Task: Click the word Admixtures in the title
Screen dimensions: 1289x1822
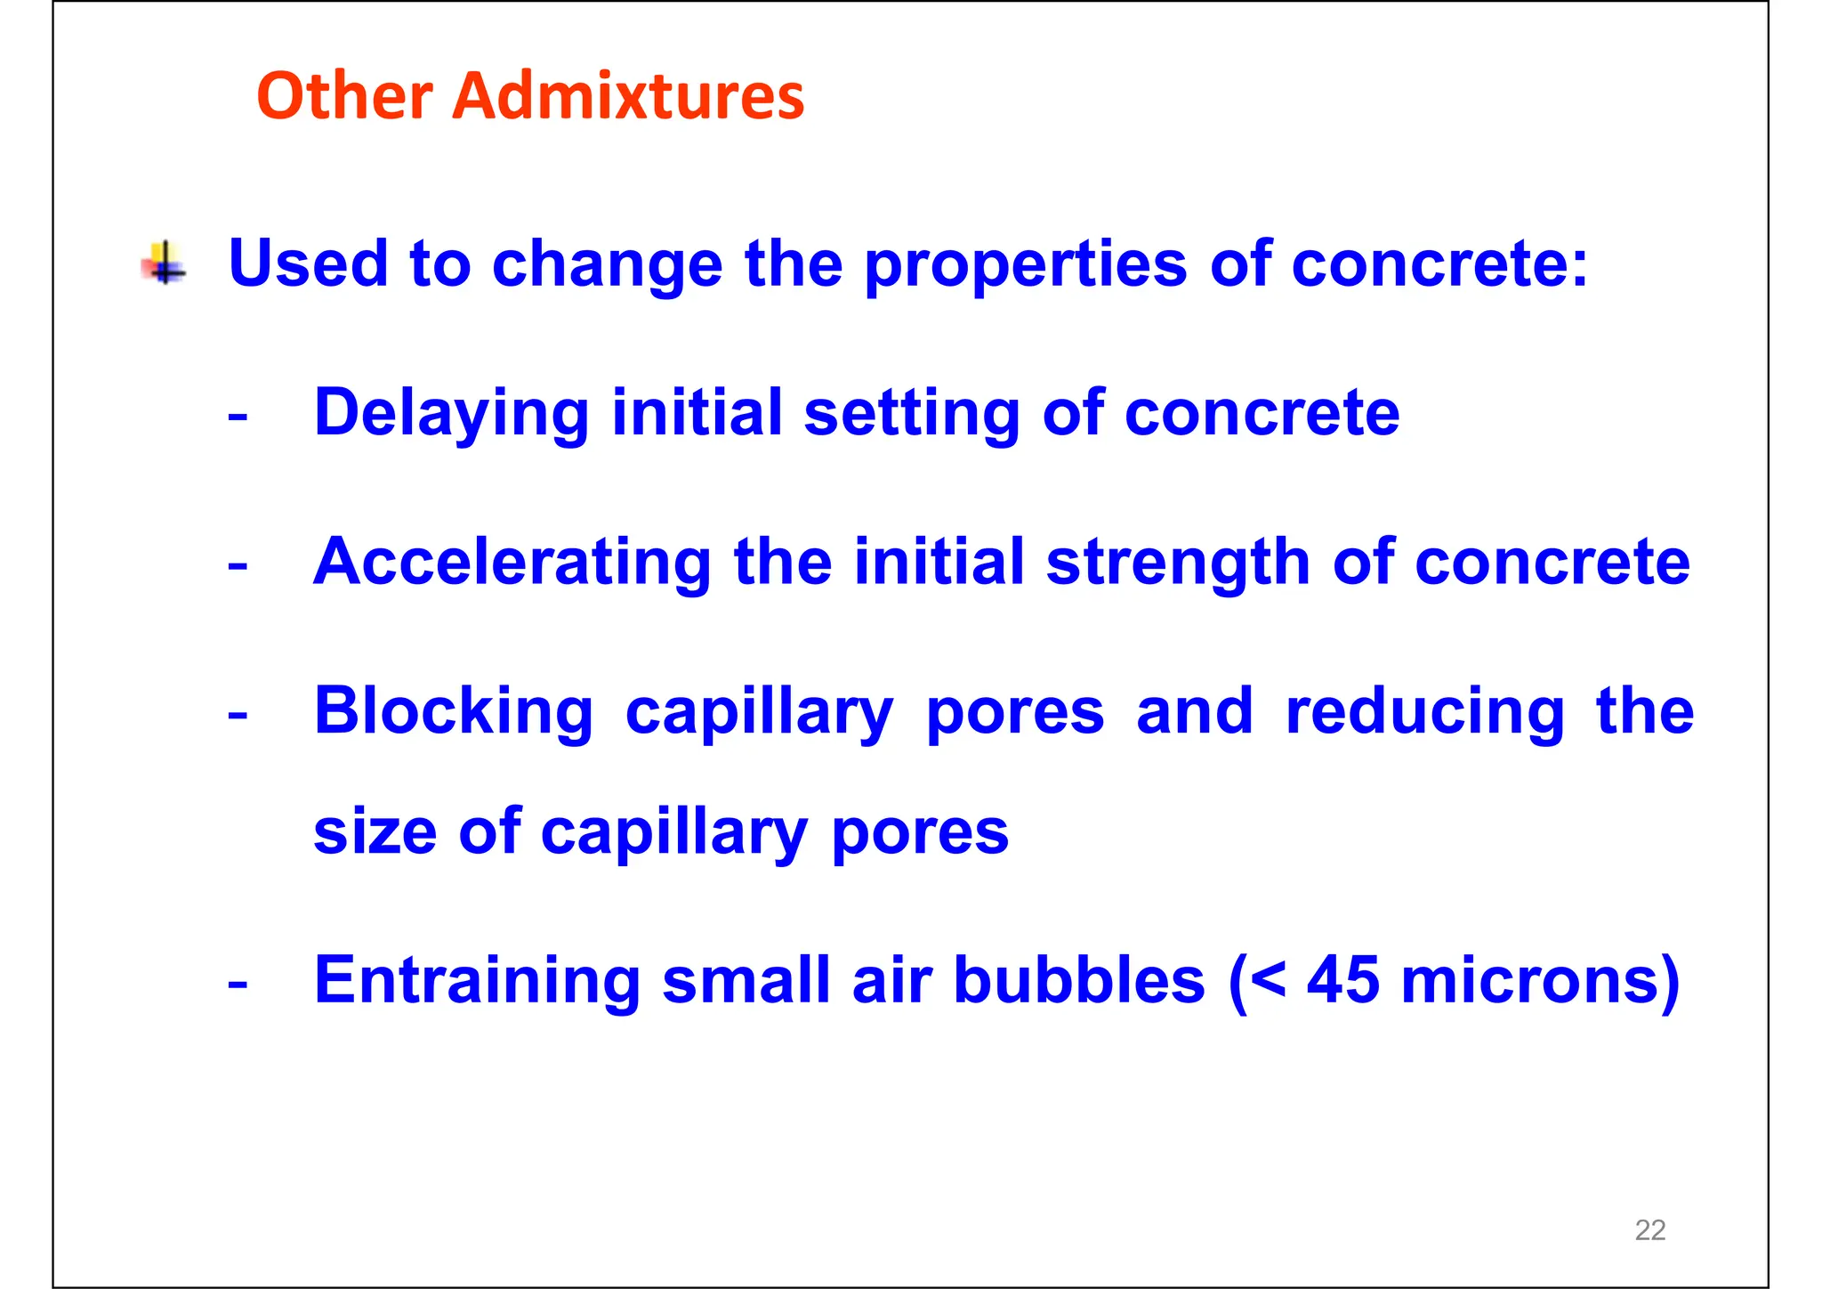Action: coord(627,95)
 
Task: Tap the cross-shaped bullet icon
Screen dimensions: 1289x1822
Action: coord(165,263)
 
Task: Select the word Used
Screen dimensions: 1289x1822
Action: coord(308,263)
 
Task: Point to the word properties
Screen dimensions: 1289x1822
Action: coord(1025,265)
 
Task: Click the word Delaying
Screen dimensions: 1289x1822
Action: coord(451,414)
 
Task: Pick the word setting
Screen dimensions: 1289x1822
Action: coord(911,414)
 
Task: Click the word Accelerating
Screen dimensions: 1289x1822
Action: coord(512,563)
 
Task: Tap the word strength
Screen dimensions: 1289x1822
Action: coord(1178,563)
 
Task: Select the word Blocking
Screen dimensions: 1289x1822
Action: coord(453,712)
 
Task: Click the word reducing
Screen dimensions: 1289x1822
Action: coord(1424,712)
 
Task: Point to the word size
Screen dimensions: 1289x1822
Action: coord(375,831)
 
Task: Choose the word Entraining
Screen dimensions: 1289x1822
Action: coord(476,980)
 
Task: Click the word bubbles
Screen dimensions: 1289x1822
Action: coord(1078,980)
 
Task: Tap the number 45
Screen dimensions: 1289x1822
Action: coord(1342,980)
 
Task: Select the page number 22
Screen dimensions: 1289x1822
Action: coord(1649,1230)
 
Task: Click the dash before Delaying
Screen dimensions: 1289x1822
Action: coord(238,416)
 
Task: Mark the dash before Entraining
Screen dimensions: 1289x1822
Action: coord(238,984)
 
